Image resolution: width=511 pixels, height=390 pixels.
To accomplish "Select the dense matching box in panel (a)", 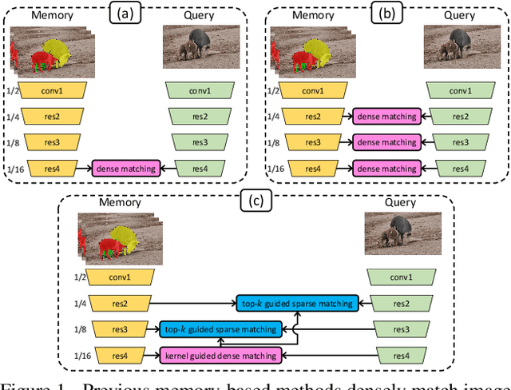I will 125,168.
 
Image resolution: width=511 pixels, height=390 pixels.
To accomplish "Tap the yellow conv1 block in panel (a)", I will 52,90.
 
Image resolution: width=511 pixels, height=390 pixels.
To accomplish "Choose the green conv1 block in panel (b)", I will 459,90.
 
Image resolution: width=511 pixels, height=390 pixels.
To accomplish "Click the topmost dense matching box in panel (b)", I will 386,117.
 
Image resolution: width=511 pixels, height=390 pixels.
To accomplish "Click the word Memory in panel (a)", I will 53,14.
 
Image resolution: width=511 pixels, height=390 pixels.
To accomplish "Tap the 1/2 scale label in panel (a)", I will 8,90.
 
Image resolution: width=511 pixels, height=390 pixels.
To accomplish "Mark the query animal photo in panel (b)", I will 458,48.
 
